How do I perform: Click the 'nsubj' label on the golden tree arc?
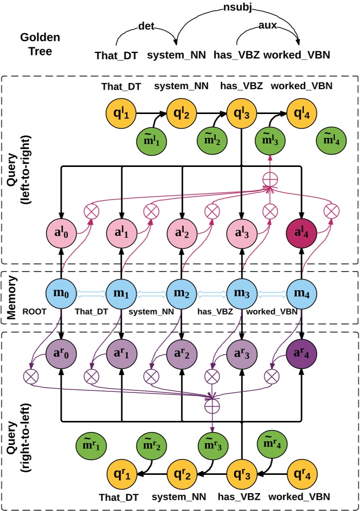(x=237, y=8)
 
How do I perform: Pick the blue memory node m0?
(x=62, y=294)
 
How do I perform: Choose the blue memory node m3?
(x=241, y=294)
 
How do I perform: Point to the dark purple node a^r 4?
(x=301, y=352)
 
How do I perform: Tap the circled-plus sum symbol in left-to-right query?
(x=270, y=179)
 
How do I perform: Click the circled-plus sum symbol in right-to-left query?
(x=211, y=406)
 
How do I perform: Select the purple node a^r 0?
(x=62, y=352)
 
